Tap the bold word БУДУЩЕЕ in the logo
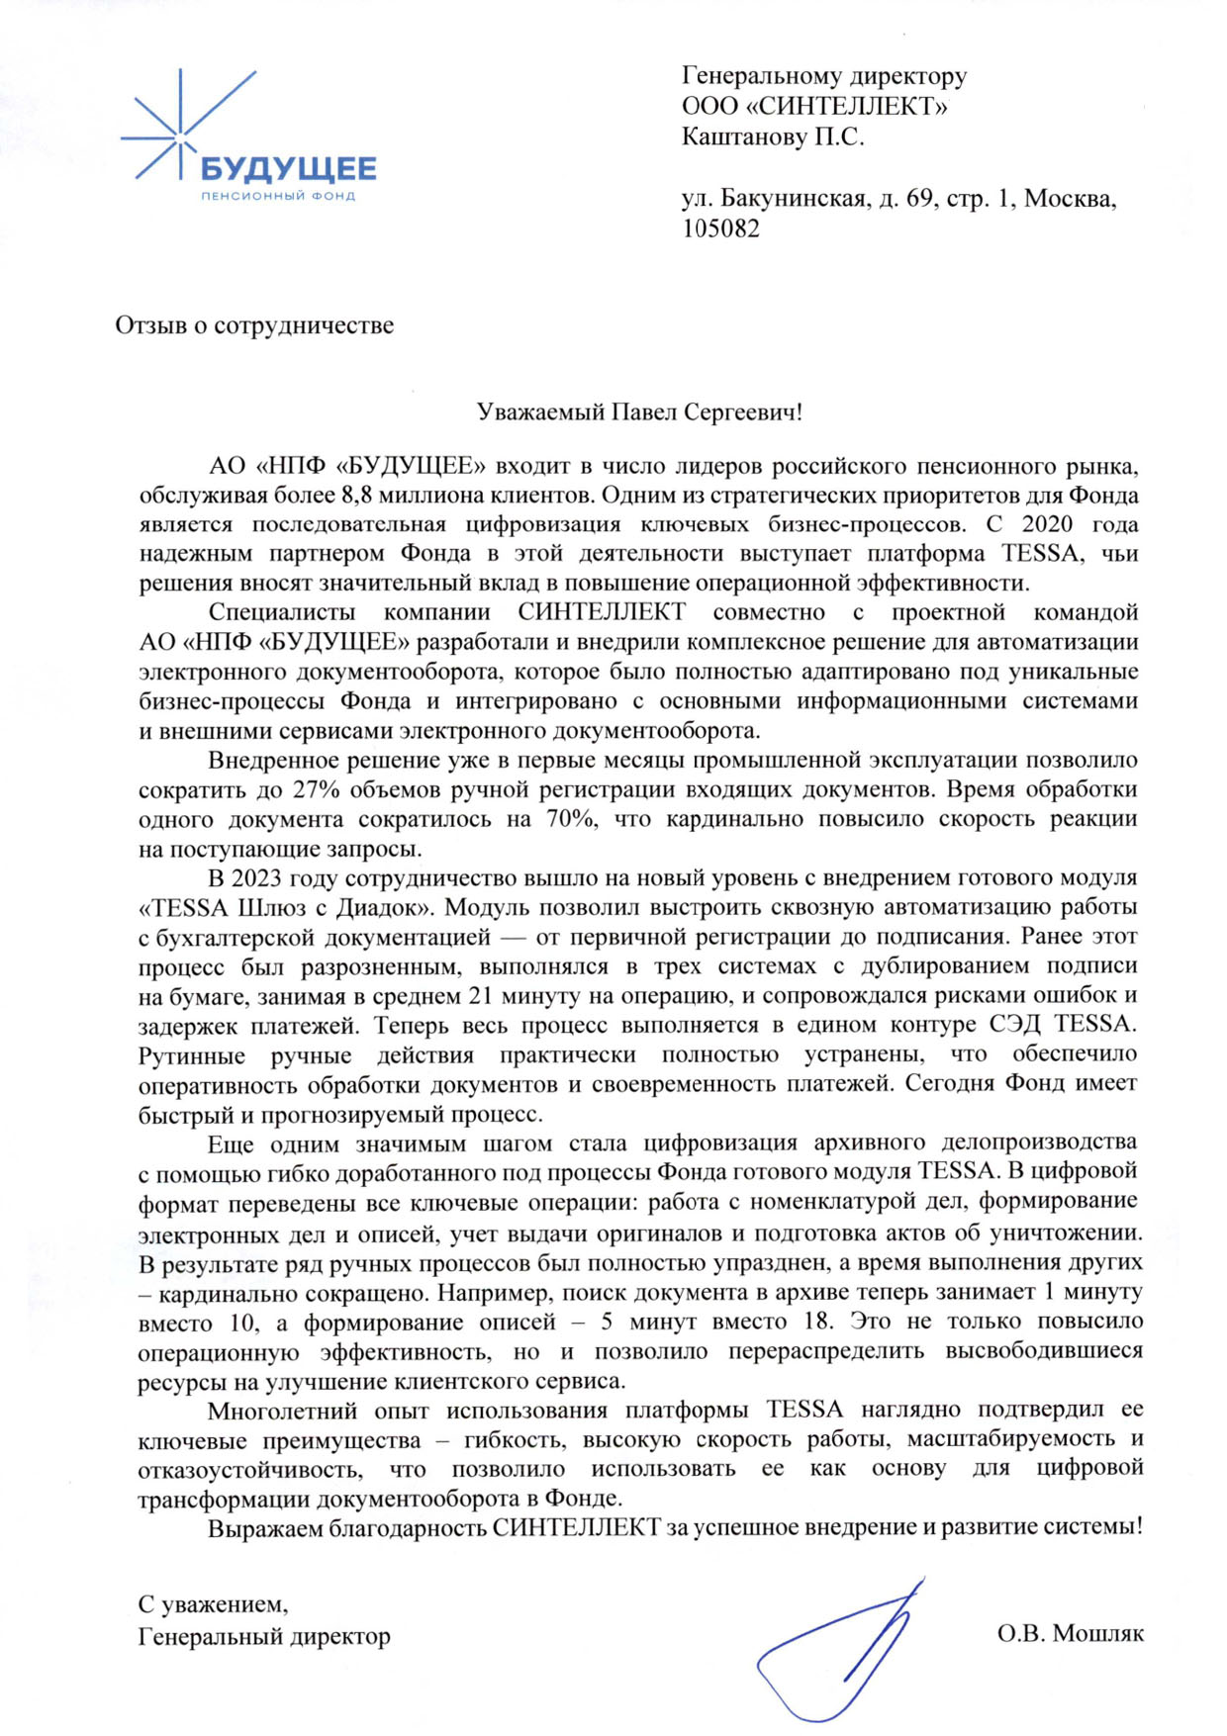pyautogui.click(x=289, y=169)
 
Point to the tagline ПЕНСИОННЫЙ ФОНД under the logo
pyautogui.click(x=277, y=196)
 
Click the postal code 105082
pyautogui.click(x=720, y=228)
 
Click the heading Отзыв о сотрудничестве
pyautogui.click(x=254, y=324)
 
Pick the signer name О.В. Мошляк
pyautogui.click(x=1070, y=1632)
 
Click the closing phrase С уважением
pyautogui.click(x=213, y=1603)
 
